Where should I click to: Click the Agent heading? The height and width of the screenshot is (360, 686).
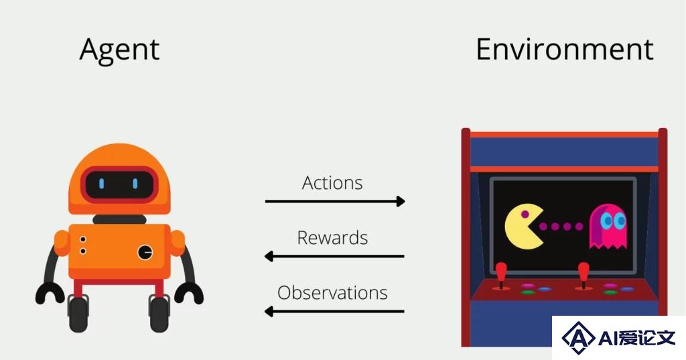click(119, 50)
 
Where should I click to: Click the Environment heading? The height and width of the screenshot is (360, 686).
click(564, 49)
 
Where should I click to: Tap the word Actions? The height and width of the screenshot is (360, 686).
click(332, 182)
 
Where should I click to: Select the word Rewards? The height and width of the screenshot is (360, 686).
click(332, 238)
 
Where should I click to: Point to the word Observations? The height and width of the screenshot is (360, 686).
click(332, 292)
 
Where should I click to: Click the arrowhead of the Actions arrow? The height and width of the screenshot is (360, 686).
click(401, 201)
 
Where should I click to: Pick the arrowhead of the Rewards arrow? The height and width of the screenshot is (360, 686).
click(269, 256)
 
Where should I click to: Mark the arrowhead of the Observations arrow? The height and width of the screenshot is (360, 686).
click(269, 311)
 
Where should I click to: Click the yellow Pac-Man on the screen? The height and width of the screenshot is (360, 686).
click(524, 226)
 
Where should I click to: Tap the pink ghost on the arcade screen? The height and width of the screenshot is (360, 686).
click(608, 226)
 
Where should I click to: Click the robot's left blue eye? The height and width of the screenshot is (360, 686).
click(102, 184)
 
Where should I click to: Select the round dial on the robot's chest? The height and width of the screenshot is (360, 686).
click(145, 252)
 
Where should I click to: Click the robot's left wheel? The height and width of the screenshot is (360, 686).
click(78, 313)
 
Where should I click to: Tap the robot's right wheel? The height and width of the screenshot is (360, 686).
click(159, 313)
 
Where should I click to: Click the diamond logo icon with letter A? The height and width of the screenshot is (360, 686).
click(578, 337)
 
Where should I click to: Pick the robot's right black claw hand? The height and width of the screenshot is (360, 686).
click(189, 292)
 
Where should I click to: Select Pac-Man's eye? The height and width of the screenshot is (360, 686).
click(525, 214)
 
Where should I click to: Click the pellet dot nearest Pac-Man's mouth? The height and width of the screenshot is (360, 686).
click(543, 227)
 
